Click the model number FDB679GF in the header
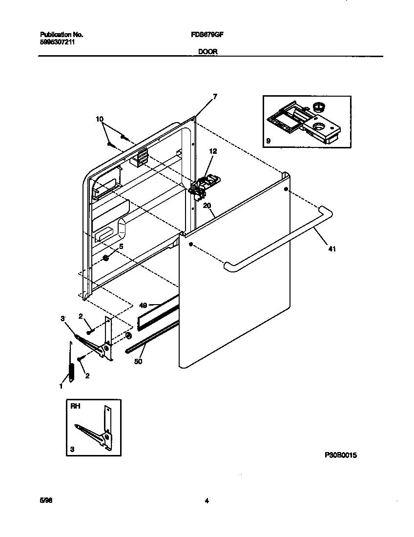click(x=207, y=35)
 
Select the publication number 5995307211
click(x=57, y=42)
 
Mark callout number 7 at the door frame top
click(x=214, y=96)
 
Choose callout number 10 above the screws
click(x=100, y=119)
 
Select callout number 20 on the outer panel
click(x=207, y=206)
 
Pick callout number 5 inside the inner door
click(x=121, y=247)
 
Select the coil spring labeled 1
click(x=71, y=370)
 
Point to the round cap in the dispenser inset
click(x=320, y=106)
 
